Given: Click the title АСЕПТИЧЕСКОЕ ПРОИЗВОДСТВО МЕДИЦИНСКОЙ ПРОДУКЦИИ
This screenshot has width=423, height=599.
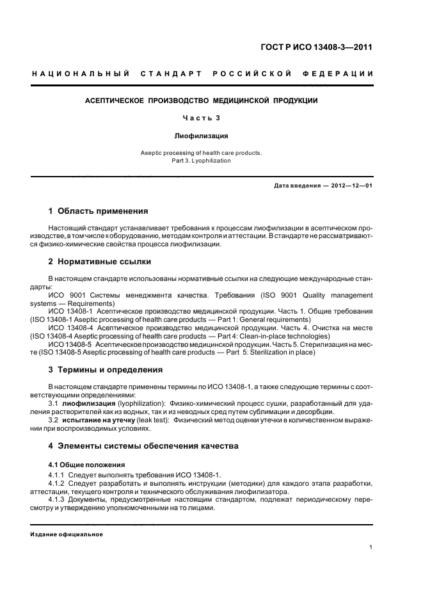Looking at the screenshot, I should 202,100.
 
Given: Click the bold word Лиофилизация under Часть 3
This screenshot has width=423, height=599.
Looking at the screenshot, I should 202,136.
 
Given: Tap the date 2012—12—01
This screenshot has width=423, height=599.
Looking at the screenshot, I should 349,186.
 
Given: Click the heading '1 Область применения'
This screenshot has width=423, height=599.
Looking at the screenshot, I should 98,211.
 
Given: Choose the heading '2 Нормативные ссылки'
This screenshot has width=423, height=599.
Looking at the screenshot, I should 100,262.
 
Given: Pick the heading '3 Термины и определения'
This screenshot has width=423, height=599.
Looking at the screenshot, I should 106,370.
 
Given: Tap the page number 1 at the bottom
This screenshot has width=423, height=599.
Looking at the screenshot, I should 371,547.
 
